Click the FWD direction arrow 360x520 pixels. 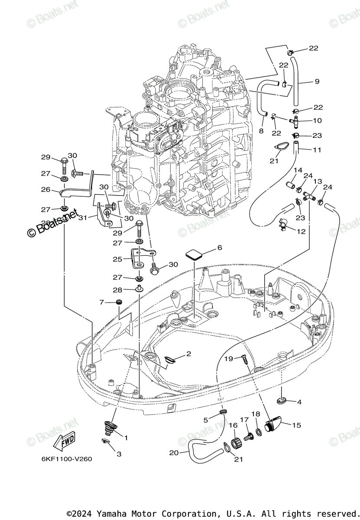pos(64,442)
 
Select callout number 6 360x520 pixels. pos(220,247)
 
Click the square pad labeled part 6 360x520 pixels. pos(195,254)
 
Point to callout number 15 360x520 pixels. pos(296,425)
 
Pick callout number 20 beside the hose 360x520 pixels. pos(174,452)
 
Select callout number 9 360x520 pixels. pos(317,81)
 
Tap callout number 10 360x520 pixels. pos(318,120)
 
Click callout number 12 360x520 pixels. pos(301,231)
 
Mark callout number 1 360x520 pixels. pos(126,438)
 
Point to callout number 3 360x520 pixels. pos(119,454)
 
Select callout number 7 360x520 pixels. pos(102,302)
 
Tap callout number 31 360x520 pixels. pos(82,217)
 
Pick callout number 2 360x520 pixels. pos(188,354)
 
